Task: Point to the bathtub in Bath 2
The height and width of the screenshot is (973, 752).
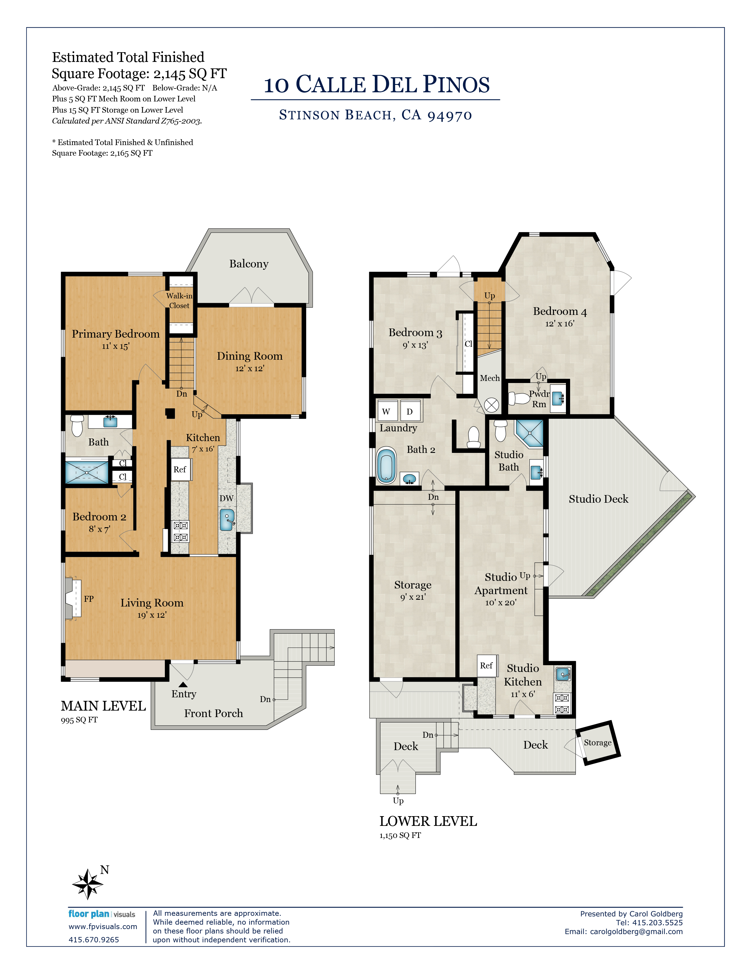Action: [386, 466]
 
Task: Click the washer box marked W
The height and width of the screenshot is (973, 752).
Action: [386, 412]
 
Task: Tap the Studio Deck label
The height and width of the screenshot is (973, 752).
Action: [598, 499]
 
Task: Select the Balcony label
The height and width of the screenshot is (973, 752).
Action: [249, 264]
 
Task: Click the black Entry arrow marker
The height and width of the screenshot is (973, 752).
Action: [183, 685]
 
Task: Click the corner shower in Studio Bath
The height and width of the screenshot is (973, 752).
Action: [530, 433]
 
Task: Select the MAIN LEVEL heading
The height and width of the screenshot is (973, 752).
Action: [103, 706]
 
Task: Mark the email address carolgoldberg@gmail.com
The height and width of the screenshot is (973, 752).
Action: [636, 931]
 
